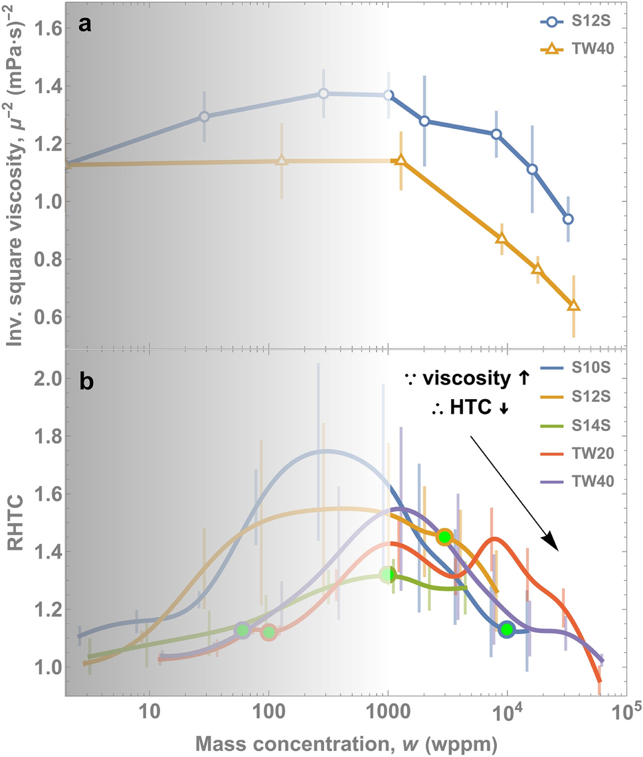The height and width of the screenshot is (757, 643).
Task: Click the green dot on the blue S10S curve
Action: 507,629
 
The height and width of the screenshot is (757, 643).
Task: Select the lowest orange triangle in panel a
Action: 573,306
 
